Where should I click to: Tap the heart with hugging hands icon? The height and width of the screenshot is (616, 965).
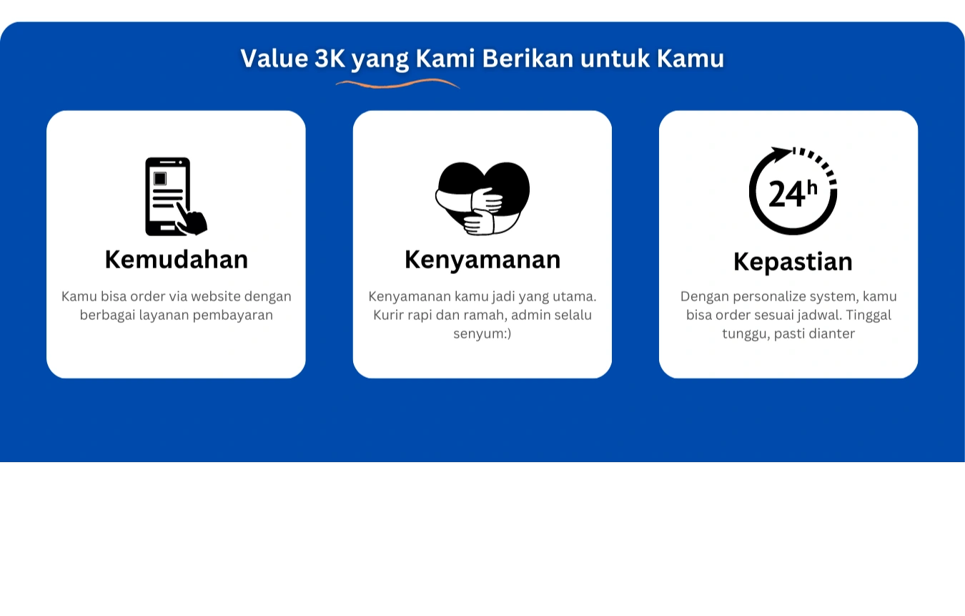coord(482,198)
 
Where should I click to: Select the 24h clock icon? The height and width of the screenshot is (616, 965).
coord(793,190)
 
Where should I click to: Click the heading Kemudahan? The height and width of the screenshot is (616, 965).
coord(176,260)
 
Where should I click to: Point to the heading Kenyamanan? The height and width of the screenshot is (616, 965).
coord(482,260)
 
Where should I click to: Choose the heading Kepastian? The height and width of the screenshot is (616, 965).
coord(793,262)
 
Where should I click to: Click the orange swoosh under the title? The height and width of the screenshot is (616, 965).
coord(397,83)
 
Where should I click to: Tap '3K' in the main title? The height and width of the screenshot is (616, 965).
coord(330,58)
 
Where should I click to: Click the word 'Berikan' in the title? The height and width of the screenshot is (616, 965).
coord(528,58)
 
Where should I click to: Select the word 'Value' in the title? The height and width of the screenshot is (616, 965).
coord(274,58)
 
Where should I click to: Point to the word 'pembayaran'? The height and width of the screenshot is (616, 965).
coord(232,316)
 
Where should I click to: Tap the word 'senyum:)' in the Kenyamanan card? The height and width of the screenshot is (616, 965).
coord(482,334)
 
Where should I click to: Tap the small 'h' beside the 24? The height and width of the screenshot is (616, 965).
coord(812,188)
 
